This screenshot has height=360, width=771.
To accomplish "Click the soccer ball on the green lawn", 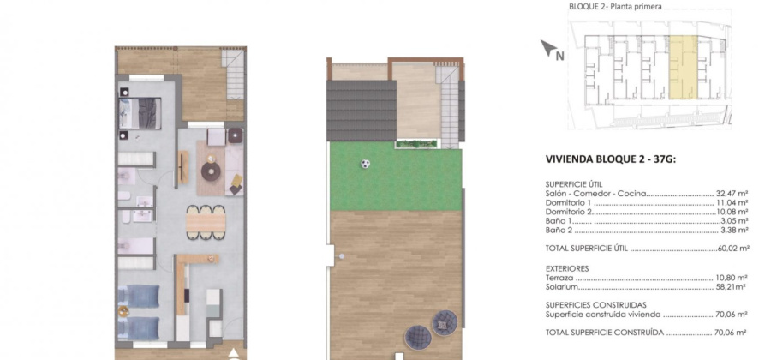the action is [x=365, y=164].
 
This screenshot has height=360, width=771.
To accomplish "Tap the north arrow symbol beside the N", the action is [x=548, y=47].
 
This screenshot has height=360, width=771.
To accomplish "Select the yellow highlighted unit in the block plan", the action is [x=684, y=68].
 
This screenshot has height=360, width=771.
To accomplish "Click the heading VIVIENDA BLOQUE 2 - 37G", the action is [x=611, y=159].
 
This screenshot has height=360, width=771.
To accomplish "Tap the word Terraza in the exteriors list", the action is [x=559, y=278].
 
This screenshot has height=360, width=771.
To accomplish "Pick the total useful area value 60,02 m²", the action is [x=732, y=249].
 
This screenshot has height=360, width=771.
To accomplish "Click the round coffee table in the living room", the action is [x=212, y=171].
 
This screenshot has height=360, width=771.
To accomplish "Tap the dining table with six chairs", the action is [x=206, y=222].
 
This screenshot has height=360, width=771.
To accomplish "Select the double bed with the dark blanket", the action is [x=140, y=114].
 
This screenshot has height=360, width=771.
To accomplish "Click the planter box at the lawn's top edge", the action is [x=415, y=144].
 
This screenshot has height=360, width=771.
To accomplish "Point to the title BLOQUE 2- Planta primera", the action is [x=615, y=7].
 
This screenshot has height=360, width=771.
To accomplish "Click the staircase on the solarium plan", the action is [x=448, y=107].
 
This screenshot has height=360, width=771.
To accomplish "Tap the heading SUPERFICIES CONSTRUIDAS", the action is [x=596, y=305].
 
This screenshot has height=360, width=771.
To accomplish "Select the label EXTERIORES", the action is [x=567, y=268].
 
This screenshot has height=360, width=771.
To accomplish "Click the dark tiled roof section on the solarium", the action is [x=362, y=111].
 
